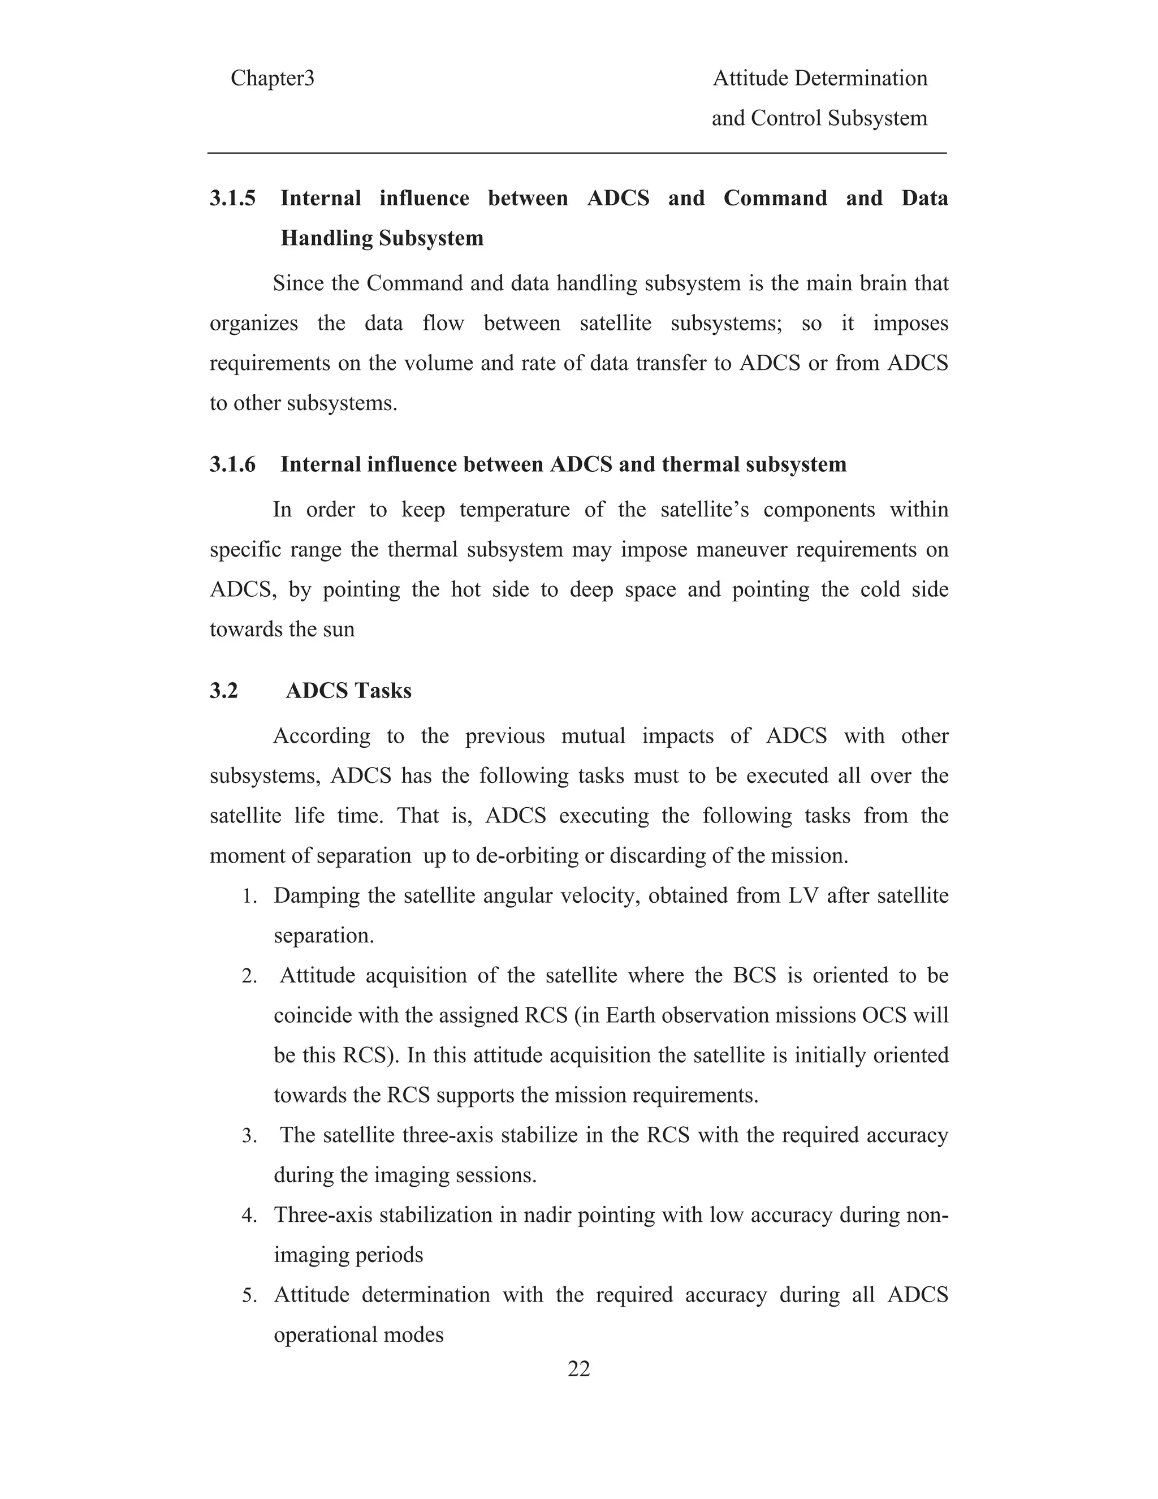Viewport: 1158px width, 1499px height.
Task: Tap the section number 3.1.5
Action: pyautogui.click(x=232, y=199)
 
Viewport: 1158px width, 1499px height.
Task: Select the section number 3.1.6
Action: pyautogui.click(x=232, y=464)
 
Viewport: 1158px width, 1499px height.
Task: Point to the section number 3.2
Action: pyautogui.click(x=224, y=691)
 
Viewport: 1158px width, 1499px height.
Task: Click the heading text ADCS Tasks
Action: pyautogui.click(x=348, y=691)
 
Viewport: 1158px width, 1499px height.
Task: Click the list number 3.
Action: pyautogui.click(x=249, y=1136)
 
